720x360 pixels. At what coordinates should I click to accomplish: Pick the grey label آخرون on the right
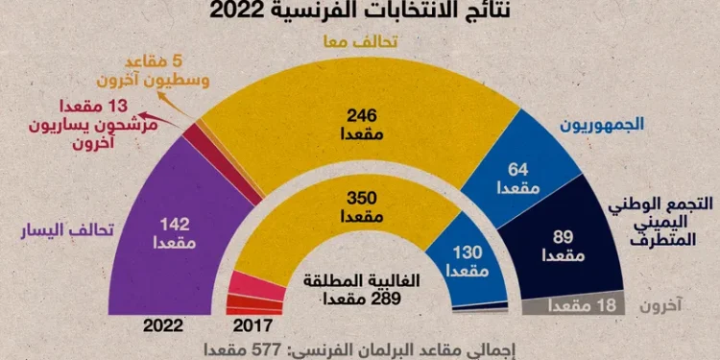662,306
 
